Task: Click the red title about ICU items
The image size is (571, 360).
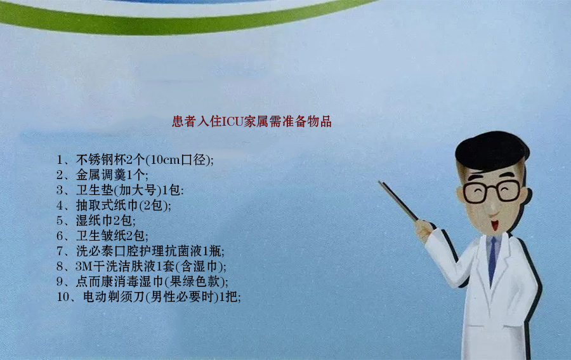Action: click(252, 121)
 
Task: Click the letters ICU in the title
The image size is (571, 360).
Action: click(232, 121)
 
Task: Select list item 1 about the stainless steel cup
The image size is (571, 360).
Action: click(135, 159)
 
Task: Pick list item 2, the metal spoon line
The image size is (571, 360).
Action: click(102, 175)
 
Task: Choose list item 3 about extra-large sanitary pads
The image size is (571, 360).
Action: click(120, 190)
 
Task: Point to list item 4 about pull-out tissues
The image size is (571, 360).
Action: click(114, 206)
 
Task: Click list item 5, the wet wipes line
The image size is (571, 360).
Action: click(96, 221)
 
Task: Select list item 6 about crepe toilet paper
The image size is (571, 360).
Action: click(102, 236)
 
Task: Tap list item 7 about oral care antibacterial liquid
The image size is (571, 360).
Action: click(141, 251)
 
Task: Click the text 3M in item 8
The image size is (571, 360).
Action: click(83, 267)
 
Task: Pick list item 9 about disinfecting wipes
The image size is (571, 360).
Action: click(142, 282)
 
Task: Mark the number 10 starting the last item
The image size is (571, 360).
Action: click(63, 297)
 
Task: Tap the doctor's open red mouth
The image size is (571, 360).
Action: click(494, 225)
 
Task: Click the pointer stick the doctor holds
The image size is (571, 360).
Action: click(398, 201)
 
